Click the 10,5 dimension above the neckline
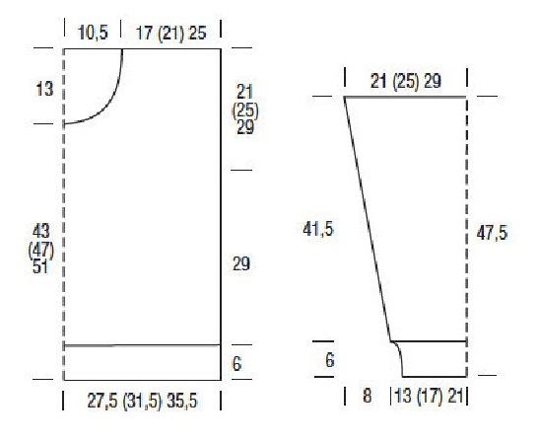click(93, 33)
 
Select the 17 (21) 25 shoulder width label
click(170, 34)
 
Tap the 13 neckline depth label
click(44, 90)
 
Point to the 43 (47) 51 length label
click(41, 249)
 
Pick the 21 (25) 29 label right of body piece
click(245, 110)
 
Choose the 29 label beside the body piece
click(241, 264)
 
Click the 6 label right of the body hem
click(236, 364)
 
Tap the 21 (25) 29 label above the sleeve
click(406, 82)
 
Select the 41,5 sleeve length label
click(318, 229)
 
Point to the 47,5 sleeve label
click(492, 234)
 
